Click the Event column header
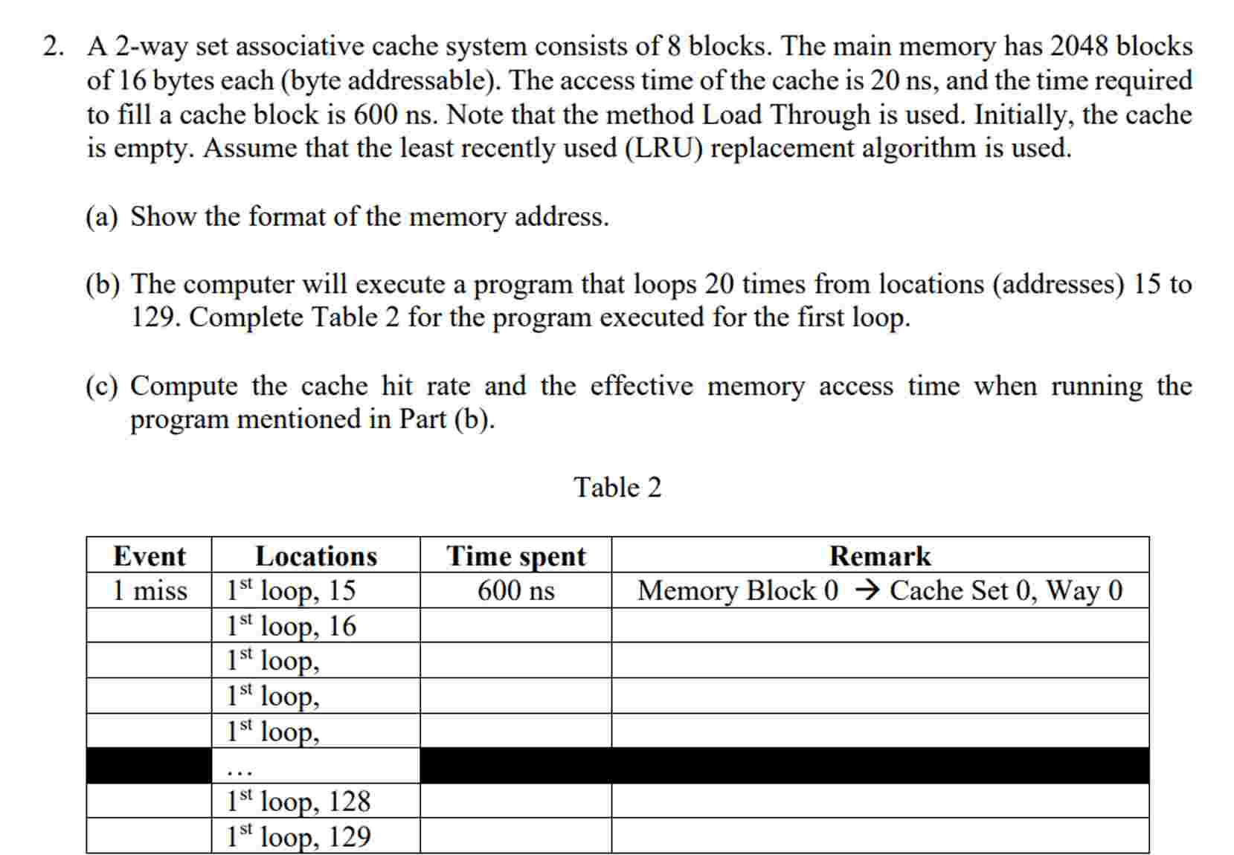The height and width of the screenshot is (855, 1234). pyautogui.click(x=149, y=555)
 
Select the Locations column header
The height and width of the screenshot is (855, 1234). pyautogui.click(x=316, y=555)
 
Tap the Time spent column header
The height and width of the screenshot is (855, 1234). pyautogui.click(x=515, y=555)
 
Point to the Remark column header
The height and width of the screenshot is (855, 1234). pyautogui.click(x=880, y=555)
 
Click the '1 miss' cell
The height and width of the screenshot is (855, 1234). pyautogui.click(x=150, y=590)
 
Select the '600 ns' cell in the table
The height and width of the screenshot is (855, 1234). pyautogui.click(x=515, y=590)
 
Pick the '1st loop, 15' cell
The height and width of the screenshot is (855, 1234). pyautogui.click(x=292, y=590)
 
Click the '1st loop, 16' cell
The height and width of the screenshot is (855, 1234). pyautogui.click(x=292, y=625)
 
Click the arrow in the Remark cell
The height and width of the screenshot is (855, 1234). pyautogui.click(x=867, y=591)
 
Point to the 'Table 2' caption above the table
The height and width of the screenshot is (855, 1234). pyautogui.click(x=617, y=487)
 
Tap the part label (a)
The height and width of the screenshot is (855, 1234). pyautogui.click(x=102, y=216)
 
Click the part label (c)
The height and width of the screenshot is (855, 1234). pyautogui.click(x=102, y=386)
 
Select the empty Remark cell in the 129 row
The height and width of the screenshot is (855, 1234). pyautogui.click(x=880, y=836)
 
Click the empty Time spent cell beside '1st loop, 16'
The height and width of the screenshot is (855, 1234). pyautogui.click(x=515, y=625)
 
